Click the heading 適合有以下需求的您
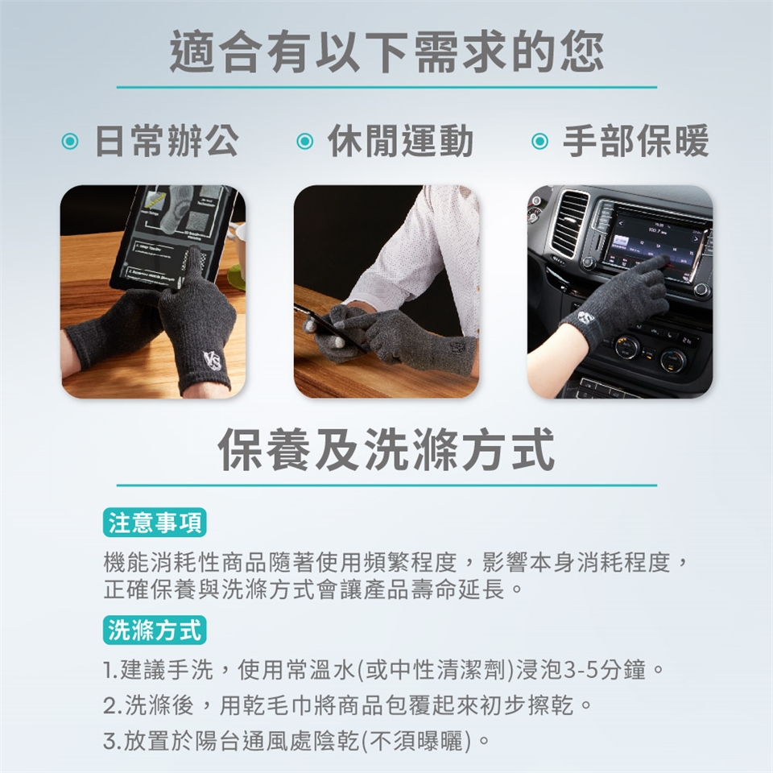coord(386,52)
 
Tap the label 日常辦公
coord(167,141)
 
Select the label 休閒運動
coord(401,141)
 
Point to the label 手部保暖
coord(636,141)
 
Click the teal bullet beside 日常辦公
coord(70,142)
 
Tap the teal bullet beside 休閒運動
coord(304,142)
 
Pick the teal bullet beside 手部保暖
coord(539,142)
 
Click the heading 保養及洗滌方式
coord(386,449)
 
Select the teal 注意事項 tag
coord(155,523)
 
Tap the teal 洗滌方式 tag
coord(155,630)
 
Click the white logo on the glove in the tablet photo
coord(213,361)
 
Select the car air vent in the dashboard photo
coord(569,222)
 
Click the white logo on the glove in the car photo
coord(585,317)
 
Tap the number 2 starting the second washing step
coord(110,706)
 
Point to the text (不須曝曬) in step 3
coord(416,742)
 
